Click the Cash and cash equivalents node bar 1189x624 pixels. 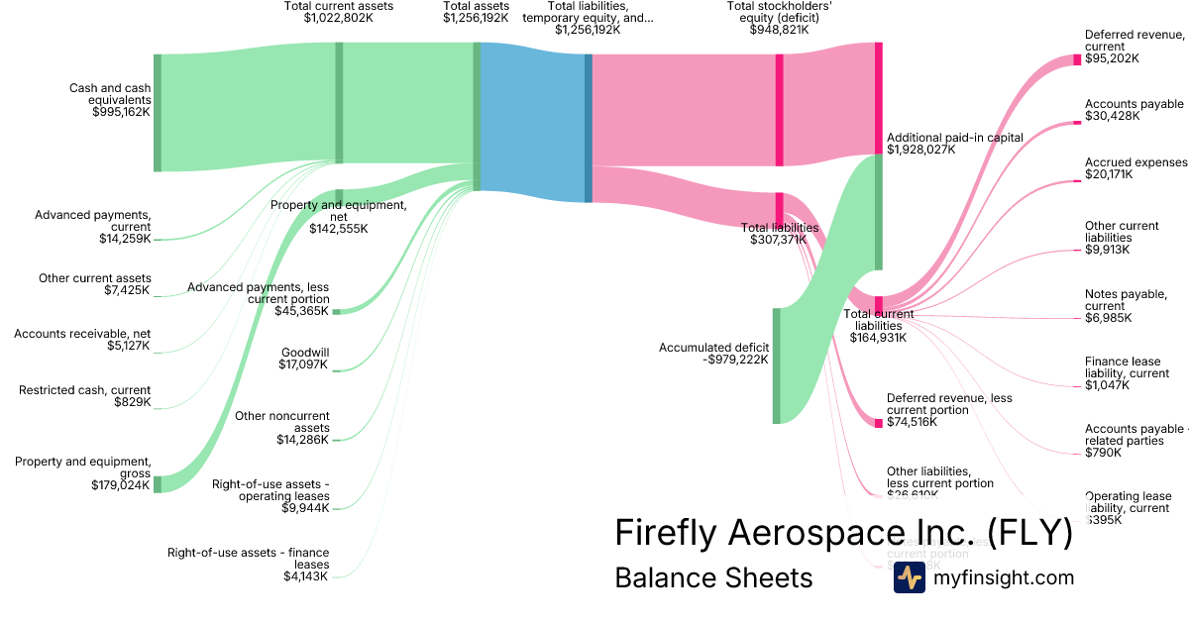(157, 113)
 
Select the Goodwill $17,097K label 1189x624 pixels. (304, 359)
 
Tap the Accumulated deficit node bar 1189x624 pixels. (776, 365)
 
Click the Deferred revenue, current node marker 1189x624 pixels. (1077, 59)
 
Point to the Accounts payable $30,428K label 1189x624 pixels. (1134, 110)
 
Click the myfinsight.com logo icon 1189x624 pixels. (909, 577)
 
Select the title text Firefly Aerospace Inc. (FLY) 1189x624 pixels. (843, 533)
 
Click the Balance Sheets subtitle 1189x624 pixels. (713, 577)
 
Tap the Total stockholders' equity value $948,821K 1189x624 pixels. (779, 30)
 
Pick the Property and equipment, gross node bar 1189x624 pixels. (157, 484)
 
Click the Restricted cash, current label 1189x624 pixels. (85, 396)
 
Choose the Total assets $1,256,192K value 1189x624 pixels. (476, 18)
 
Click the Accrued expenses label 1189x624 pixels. (1135, 168)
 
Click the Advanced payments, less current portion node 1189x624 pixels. (336, 312)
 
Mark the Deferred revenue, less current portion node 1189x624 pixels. (878, 423)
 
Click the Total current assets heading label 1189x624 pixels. (338, 12)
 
